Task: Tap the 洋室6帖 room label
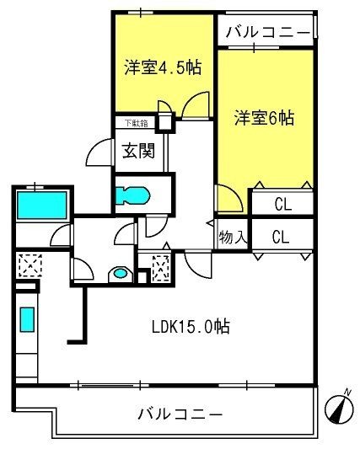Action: [264, 118]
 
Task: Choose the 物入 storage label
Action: [233, 237]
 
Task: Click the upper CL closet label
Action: [281, 205]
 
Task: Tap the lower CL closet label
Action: [281, 237]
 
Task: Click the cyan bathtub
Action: [40, 205]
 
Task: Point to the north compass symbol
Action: [341, 409]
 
